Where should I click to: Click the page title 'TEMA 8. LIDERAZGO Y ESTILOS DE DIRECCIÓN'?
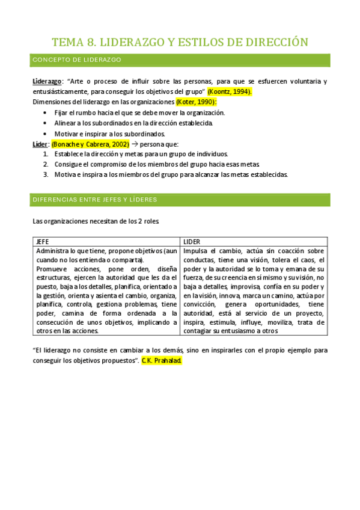pyautogui.click(x=180, y=42)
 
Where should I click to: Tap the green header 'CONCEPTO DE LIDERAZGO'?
pyautogui.click(x=77, y=60)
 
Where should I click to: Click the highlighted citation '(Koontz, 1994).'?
pyautogui.click(x=230, y=91)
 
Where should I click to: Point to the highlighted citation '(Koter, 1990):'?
pyautogui.click(x=197, y=102)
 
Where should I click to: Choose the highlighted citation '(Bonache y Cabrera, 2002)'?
pyautogui.click(x=90, y=144)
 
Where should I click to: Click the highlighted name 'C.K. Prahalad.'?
pyautogui.click(x=161, y=361)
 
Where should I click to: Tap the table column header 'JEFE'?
pyautogui.click(x=43, y=241)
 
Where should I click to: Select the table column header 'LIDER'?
pyautogui.click(x=192, y=241)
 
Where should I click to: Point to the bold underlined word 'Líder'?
pyautogui.click(x=40, y=144)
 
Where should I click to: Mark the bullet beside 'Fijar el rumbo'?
pyautogui.click(x=47, y=112)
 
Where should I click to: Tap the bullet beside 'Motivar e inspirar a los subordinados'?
pyautogui.click(x=47, y=134)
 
